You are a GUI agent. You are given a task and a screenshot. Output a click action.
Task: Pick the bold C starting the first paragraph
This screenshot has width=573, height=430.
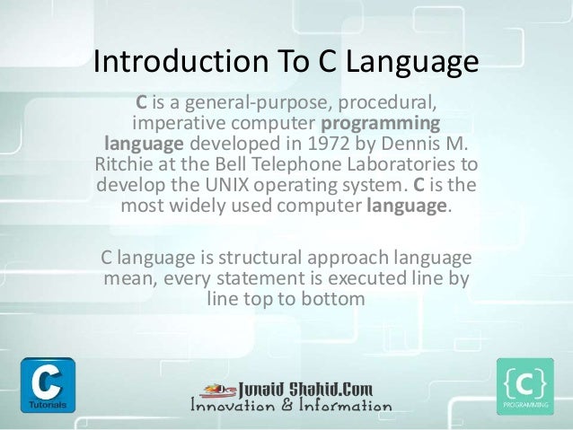pyautogui.click(x=141, y=99)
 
